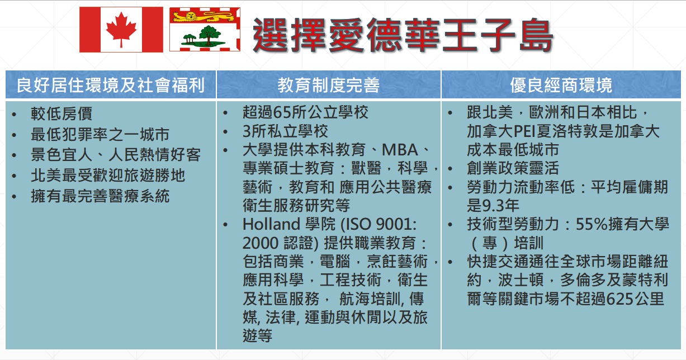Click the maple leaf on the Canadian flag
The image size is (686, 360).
(x=121, y=30)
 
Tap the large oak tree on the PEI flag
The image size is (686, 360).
(x=209, y=35)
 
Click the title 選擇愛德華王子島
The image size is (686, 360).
(x=403, y=35)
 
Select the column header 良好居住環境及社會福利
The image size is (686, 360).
(x=111, y=85)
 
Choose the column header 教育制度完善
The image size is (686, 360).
(x=329, y=85)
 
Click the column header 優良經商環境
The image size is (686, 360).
(x=561, y=85)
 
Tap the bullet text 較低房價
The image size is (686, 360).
(x=61, y=113)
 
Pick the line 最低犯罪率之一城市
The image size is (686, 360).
(x=100, y=134)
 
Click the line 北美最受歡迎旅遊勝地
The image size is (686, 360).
(x=108, y=176)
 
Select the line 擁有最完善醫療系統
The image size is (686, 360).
(x=100, y=196)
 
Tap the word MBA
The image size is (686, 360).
(x=400, y=150)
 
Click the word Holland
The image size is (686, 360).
(x=271, y=224)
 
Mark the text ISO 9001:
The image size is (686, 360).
(x=380, y=224)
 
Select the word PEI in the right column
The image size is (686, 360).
(x=524, y=131)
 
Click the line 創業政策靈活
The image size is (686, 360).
(x=513, y=168)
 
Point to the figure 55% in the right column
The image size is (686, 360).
(x=592, y=224)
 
